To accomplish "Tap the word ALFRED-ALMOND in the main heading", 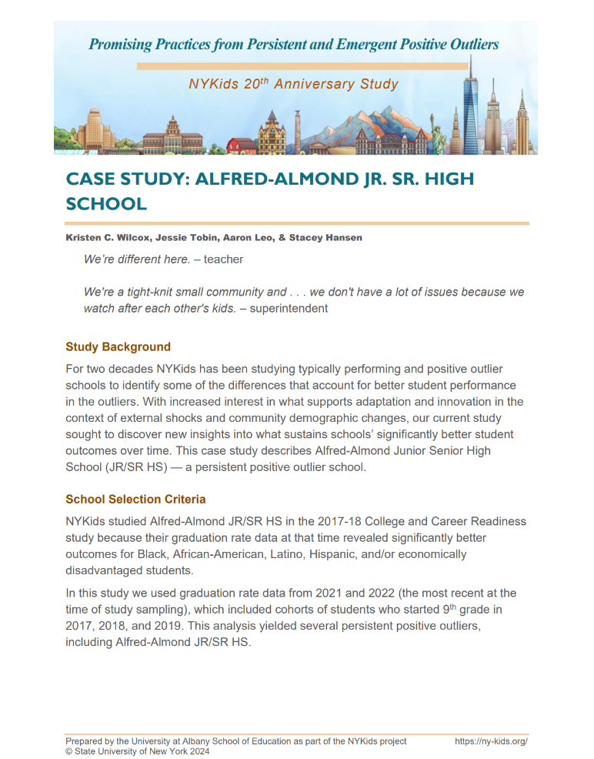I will tap(275, 179).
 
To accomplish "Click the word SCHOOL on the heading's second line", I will tap(106, 204).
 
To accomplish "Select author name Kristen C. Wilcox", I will tap(107, 238).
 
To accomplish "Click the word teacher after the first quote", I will tap(223, 259).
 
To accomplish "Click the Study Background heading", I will tap(118, 346).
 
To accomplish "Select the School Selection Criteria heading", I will tap(135, 499).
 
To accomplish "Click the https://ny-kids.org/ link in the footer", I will tap(491, 741).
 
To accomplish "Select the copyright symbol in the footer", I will tap(69, 751).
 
